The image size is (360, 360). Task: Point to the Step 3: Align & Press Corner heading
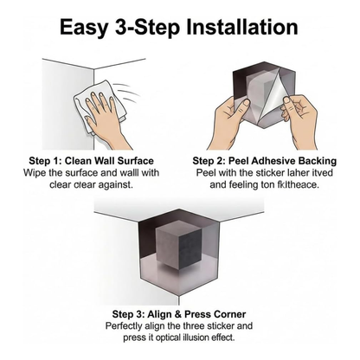pyautogui.click(x=178, y=312)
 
